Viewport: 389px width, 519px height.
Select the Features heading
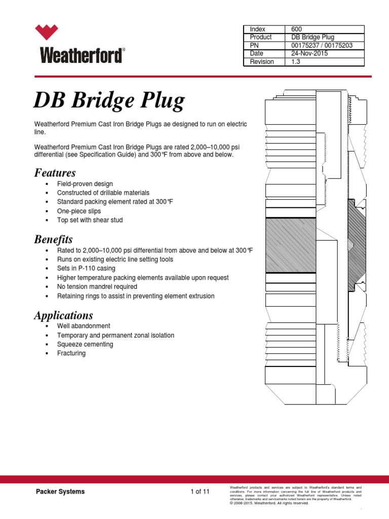(55, 173)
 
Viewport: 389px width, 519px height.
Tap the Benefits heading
(53, 239)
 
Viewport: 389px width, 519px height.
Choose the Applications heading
(63, 315)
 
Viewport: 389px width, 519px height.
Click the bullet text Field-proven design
(85, 183)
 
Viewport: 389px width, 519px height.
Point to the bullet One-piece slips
(79, 211)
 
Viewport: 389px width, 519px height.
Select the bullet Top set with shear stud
(90, 220)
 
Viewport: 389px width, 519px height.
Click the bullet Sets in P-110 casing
(86, 268)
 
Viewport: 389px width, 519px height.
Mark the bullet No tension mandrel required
(98, 286)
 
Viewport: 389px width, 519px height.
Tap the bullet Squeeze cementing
(85, 344)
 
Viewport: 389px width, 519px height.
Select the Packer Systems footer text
(60, 492)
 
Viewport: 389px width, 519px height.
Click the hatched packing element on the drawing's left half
(290, 245)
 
